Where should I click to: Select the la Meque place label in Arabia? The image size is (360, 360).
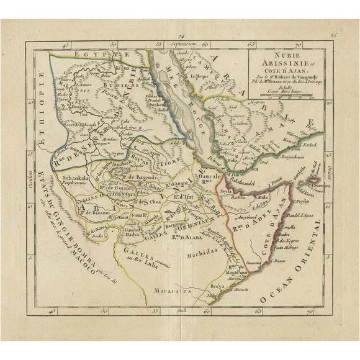[x=200, y=76]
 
